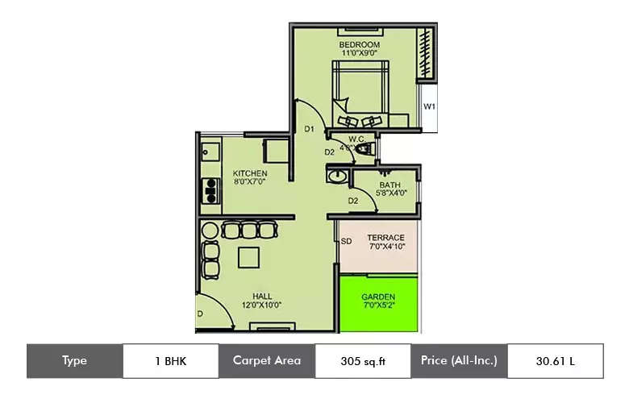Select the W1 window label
pos(430,106)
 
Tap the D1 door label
pos(309,129)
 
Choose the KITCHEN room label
pos(250,173)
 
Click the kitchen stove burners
pos(210,191)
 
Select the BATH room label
pos(390,185)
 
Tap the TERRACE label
pos(385,238)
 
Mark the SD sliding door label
pos(346,241)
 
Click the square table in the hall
pos(248,258)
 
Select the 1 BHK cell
pos(170,360)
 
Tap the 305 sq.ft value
pos(363,360)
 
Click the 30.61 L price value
pos(555,360)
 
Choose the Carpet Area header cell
pos(267,360)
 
